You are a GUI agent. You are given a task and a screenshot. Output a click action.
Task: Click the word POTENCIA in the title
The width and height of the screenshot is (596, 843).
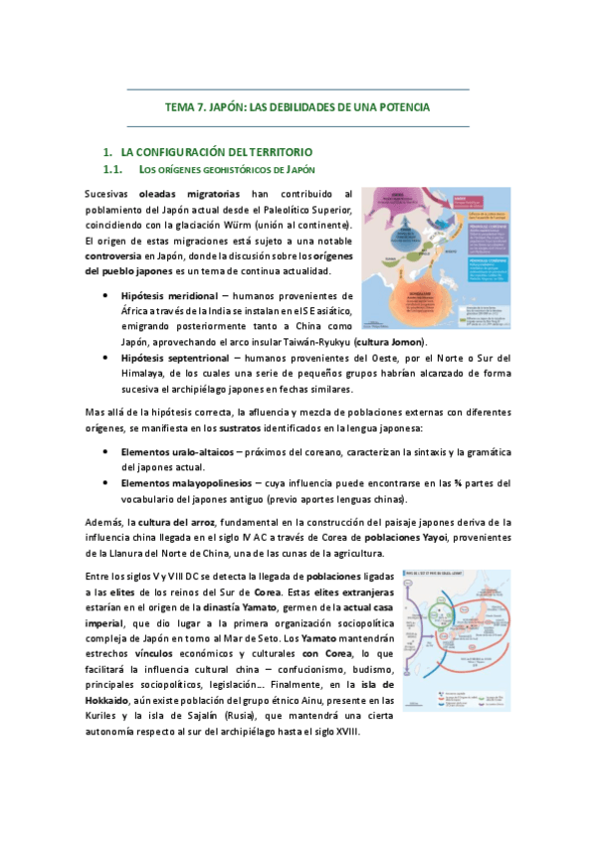(x=404, y=107)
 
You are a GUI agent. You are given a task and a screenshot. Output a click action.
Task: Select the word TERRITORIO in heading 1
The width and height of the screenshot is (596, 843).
(x=279, y=152)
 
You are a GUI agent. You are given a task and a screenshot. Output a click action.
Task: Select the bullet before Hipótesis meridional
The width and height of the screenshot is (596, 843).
(x=105, y=295)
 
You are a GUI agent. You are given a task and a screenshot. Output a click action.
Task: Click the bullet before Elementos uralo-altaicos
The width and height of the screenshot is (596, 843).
(x=105, y=452)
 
